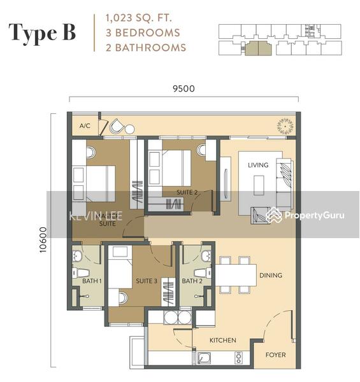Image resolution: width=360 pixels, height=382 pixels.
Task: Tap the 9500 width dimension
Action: tap(184, 89)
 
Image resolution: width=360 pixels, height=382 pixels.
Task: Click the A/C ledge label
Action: tap(85, 126)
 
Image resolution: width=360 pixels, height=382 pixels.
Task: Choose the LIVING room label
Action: tap(258, 165)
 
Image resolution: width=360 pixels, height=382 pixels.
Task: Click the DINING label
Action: tap(270, 276)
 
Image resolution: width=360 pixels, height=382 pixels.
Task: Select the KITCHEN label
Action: tap(222, 340)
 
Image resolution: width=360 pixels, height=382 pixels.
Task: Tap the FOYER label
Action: tap(275, 355)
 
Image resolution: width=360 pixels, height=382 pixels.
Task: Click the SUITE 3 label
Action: tap(146, 281)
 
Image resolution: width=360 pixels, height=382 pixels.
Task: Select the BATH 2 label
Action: tap(192, 281)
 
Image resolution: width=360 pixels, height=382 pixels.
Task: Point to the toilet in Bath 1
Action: tap(84, 272)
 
